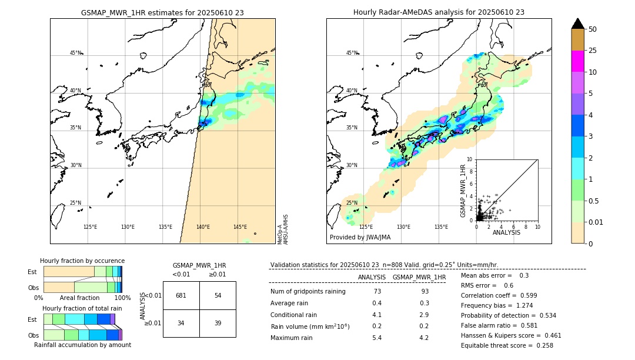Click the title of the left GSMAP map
coord(162,12)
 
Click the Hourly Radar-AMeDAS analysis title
coord(439,12)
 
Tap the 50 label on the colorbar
coord(593,29)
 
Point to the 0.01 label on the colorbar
coord(595,222)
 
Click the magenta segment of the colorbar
coord(577,61)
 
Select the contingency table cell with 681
coord(181,295)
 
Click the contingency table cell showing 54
coord(218,295)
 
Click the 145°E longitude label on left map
coord(240,227)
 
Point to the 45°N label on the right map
coord(352,53)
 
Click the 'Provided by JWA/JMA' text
coord(360,238)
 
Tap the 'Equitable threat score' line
coord(507,345)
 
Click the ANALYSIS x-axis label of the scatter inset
coord(506,232)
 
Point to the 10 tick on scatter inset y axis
coord(469,159)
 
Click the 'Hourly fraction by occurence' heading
coord(82,261)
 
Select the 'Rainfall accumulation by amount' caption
coord(82,345)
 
